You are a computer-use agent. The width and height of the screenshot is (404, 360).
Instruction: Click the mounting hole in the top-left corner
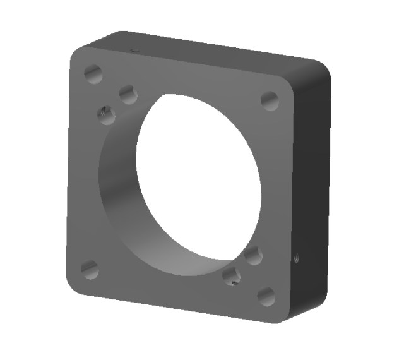(x=93, y=74)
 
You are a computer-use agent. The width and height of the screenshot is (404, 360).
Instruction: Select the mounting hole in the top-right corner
(x=270, y=100)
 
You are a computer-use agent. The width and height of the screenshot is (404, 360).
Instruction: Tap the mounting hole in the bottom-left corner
(x=90, y=270)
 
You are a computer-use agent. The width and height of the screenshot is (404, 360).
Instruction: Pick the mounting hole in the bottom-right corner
(x=266, y=296)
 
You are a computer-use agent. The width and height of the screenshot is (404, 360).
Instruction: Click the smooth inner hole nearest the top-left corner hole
(x=128, y=95)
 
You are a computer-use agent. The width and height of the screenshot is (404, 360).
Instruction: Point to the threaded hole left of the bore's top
(x=106, y=115)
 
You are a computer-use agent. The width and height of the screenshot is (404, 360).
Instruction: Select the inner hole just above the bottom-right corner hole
(x=253, y=256)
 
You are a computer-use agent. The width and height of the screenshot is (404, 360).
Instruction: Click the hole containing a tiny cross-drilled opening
(x=232, y=276)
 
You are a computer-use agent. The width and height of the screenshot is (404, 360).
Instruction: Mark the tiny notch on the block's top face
(x=133, y=49)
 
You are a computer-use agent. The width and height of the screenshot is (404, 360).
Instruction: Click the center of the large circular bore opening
(x=198, y=177)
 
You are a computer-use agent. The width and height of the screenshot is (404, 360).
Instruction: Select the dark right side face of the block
(x=309, y=189)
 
